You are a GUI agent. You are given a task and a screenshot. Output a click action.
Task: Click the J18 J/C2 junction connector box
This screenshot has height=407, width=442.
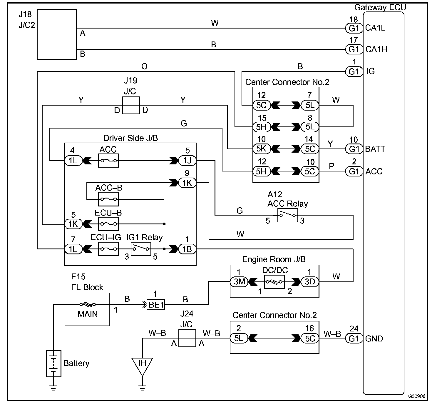pyautogui.click(x=57, y=34)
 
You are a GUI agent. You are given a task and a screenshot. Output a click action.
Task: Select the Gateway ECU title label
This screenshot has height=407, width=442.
pyautogui.click(x=380, y=7)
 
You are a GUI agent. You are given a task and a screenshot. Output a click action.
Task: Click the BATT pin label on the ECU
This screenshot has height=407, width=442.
pyautogui.click(x=375, y=149)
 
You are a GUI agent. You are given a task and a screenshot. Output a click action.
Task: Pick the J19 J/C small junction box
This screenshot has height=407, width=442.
pyautogui.click(x=131, y=105)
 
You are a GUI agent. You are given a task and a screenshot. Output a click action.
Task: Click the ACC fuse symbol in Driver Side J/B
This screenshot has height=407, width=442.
pyautogui.click(x=108, y=161)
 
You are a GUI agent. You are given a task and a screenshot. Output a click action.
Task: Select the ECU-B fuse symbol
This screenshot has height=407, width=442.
pyautogui.click(x=108, y=224)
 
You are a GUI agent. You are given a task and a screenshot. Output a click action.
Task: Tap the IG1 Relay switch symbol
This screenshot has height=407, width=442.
pyautogui.click(x=141, y=249)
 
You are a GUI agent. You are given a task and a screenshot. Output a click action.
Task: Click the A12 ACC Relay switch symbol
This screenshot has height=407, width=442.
pyautogui.click(x=287, y=215)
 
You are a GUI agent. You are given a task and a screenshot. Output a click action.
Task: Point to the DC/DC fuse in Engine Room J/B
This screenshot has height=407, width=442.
pyautogui.click(x=274, y=281)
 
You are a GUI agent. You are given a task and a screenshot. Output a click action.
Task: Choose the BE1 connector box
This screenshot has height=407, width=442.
pyautogui.click(x=156, y=304)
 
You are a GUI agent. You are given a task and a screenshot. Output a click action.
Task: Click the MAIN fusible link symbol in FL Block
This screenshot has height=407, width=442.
pyautogui.click(x=88, y=304)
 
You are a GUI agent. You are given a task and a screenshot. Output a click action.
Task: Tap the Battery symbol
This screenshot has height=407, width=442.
pyautogui.click(x=53, y=363)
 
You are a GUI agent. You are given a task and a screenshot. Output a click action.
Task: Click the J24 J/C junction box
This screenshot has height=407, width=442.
pyautogui.click(x=187, y=338)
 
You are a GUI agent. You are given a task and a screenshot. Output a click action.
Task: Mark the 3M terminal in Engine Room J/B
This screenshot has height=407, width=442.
pyautogui.click(x=239, y=281)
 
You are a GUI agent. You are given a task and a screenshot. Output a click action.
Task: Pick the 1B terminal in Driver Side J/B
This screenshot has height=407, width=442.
pyautogui.click(x=187, y=249)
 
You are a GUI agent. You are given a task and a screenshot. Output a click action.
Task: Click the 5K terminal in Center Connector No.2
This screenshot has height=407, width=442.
pyautogui.click(x=262, y=149)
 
